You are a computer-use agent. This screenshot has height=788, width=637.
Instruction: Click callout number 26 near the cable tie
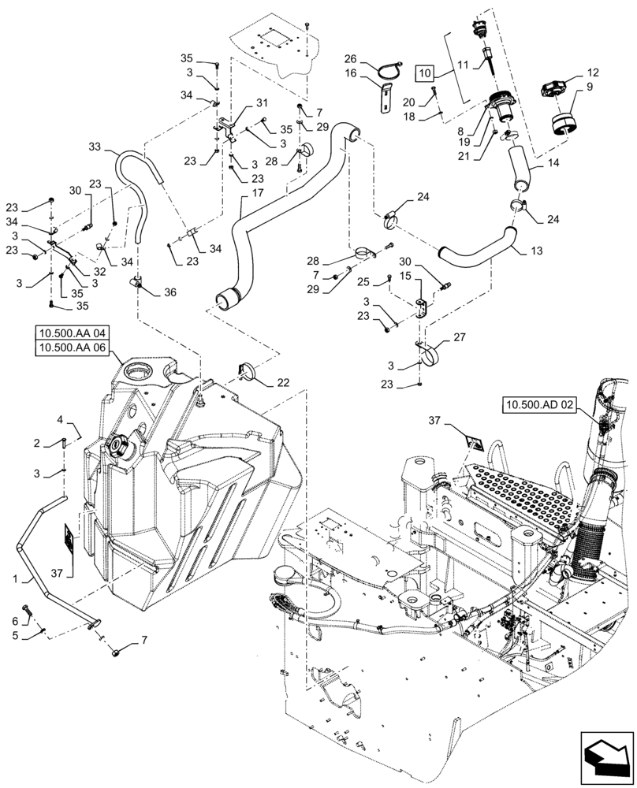coord(350,58)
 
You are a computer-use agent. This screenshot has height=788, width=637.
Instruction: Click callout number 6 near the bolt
coord(14,623)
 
